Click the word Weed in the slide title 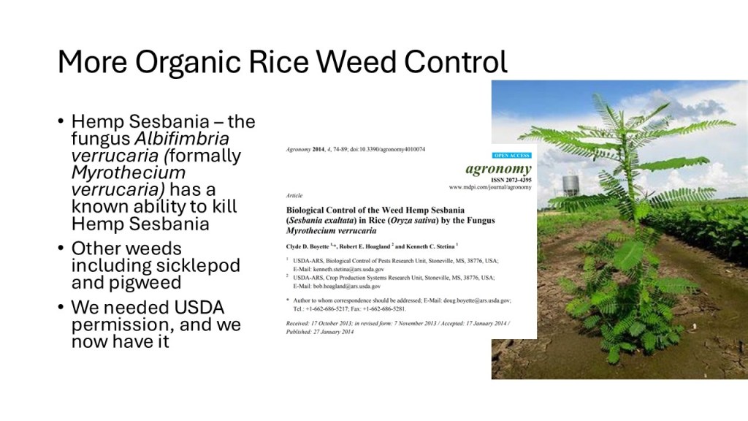356,62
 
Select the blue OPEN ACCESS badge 512,156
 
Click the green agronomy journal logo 498,169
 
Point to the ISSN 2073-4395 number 511,180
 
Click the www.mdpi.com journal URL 490,187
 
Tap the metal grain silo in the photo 571,185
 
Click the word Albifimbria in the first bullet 182,138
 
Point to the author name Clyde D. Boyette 308,246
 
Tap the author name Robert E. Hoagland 365,246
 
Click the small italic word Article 294,195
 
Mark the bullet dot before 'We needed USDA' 61,307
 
